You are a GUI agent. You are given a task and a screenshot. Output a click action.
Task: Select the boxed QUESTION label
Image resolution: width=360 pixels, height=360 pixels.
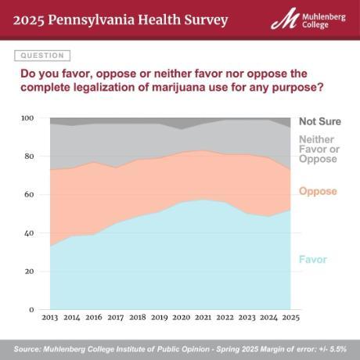[x=42, y=56]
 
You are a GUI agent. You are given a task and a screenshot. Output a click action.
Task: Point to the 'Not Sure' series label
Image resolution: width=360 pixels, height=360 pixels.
[x=319, y=122]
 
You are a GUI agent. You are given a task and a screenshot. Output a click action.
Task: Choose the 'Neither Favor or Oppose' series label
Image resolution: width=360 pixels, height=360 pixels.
[x=318, y=149]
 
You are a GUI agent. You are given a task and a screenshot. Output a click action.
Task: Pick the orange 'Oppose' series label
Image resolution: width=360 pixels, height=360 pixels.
[x=318, y=191]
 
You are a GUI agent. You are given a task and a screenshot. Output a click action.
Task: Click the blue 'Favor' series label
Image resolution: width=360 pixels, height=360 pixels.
[x=313, y=259]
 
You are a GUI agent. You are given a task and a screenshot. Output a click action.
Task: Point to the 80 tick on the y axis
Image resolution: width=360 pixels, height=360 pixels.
[x=29, y=157]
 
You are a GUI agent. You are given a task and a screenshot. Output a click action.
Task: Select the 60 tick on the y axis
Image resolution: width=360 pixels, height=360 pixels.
[x=29, y=195]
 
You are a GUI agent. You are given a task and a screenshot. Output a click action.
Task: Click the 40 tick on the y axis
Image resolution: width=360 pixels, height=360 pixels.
[x=29, y=233]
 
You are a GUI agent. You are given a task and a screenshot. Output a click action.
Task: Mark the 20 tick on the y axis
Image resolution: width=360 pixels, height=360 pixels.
[x=29, y=272]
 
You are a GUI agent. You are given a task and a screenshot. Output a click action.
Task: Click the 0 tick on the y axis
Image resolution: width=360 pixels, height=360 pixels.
[x=31, y=310]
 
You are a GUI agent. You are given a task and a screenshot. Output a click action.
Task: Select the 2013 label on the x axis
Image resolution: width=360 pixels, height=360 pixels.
[x=49, y=319]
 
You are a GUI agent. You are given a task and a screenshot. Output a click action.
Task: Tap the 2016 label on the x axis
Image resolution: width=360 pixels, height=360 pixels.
[x=93, y=319]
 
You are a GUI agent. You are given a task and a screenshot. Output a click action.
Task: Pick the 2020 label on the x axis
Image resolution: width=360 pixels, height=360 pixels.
[x=182, y=319]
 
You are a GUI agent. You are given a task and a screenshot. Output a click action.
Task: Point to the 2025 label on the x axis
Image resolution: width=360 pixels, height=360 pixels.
[x=291, y=319]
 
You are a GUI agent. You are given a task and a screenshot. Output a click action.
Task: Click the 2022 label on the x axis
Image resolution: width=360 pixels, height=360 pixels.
[x=225, y=319]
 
